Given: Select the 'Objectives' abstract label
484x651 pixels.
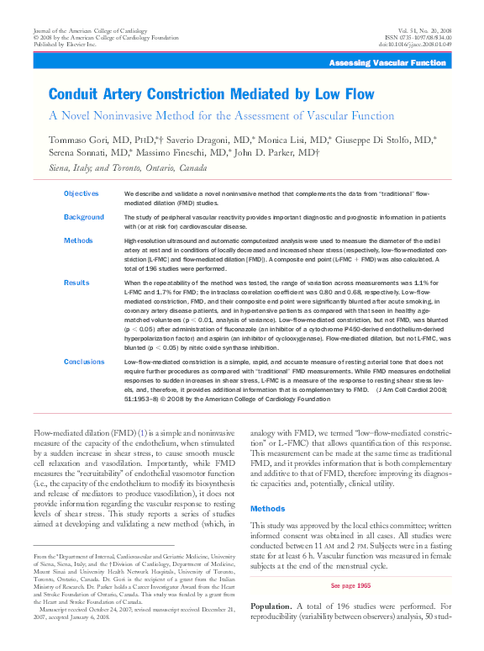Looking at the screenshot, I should [82, 193].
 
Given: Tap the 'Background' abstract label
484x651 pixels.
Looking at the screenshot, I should [84, 217].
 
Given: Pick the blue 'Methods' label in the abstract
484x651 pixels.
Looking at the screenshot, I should [78, 241].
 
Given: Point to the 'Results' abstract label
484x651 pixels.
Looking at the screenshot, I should [76, 283].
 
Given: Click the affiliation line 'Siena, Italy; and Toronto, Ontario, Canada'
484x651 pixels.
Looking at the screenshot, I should [128, 168].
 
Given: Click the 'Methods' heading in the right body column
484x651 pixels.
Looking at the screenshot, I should [268, 509].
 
